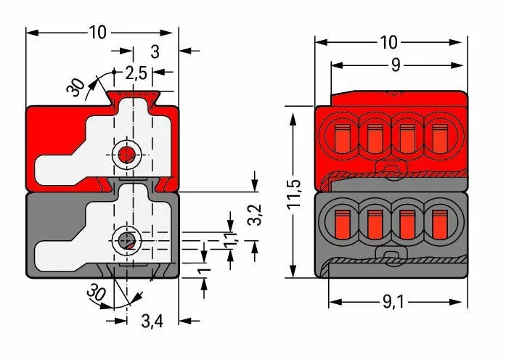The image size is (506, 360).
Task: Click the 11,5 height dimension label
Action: click(x=295, y=193)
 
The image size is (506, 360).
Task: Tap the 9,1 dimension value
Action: click(x=393, y=302)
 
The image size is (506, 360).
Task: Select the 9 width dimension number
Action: click(x=396, y=65)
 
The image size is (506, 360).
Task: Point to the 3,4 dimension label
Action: click(x=152, y=321)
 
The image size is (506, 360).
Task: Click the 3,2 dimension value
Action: click(x=256, y=215)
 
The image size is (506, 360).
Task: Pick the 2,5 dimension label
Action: click(x=136, y=73)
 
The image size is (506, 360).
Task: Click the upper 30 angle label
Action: click(x=76, y=87)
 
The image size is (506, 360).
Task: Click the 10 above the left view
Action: click(x=97, y=32)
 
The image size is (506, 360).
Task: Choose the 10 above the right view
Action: click(x=388, y=42)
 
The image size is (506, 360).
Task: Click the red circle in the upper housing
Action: click(x=126, y=155)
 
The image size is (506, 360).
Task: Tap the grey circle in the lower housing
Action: click(x=126, y=240)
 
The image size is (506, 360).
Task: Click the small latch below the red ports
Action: click(x=392, y=171)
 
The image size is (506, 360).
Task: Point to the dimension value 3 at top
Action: click(x=155, y=52)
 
